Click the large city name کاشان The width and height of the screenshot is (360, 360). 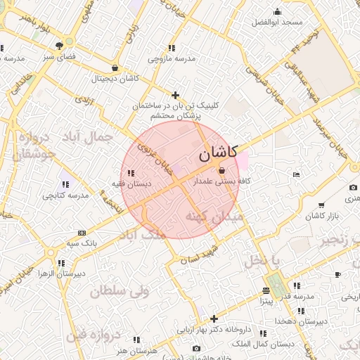(218, 154)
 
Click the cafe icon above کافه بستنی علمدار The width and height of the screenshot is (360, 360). (222, 171)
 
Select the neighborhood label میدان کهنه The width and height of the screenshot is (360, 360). (214, 217)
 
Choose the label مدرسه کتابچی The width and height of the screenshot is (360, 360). (65, 195)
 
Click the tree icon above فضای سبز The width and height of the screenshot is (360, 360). (68, 44)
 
